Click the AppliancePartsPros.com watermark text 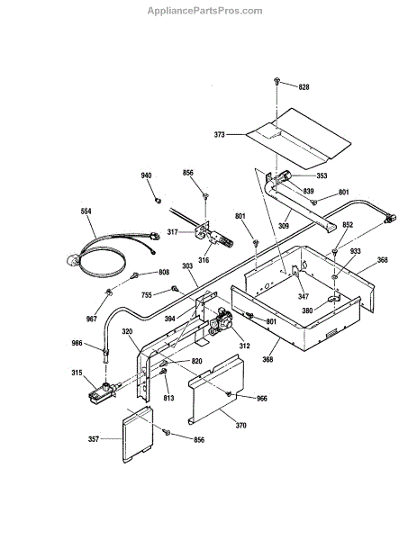pos(204,11)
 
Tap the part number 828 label pos(304,87)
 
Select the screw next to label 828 pos(276,81)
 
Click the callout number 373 pos(219,135)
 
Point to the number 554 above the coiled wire pos(86,211)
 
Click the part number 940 pos(146,175)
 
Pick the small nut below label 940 pos(159,200)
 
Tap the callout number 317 pos(172,232)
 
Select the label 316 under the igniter pos(204,260)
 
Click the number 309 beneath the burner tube pos(284,226)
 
